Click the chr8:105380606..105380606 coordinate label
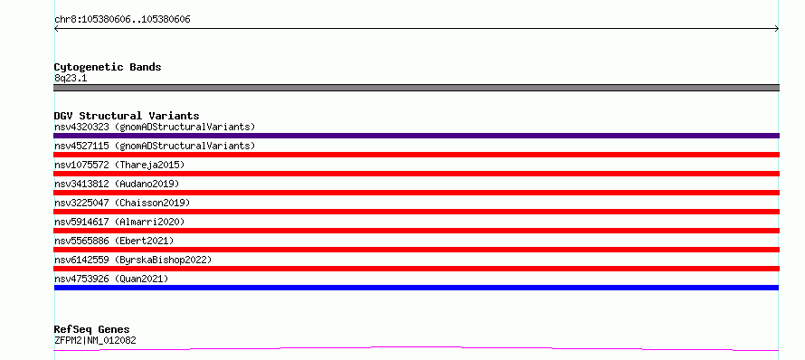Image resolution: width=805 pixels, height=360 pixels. (122, 20)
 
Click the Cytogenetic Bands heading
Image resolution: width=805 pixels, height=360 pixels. (108, 67)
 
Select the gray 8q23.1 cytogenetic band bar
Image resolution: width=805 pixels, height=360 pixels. (416, 88)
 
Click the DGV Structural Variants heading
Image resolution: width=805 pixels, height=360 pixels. (127, 116)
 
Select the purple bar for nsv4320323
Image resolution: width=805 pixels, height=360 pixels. (416, 136)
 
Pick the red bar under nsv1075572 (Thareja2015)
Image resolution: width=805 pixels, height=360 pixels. (416, 174)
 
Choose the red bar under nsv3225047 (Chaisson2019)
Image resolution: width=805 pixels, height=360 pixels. (416, 212)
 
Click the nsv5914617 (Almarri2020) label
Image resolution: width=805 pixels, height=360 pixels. (119, 222)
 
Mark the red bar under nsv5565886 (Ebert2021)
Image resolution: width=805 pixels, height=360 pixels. (416, 250)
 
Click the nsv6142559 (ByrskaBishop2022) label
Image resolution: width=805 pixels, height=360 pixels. (133, 260)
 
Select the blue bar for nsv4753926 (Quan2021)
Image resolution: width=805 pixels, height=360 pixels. (416, 288)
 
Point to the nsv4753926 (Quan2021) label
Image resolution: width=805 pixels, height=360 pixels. (111, 279)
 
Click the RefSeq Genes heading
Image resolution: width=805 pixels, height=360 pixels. (92, 329)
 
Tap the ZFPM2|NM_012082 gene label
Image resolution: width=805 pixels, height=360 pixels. (95, 340)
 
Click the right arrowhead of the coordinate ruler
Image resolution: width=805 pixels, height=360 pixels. (777, 29)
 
